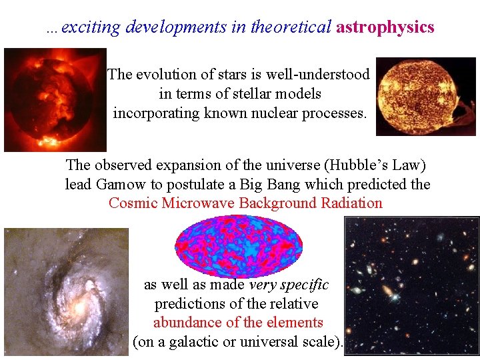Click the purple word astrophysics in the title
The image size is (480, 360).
(x=385, y=27)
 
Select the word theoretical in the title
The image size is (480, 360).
(x=290, y=27)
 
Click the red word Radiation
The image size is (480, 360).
(x=350, y=203)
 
